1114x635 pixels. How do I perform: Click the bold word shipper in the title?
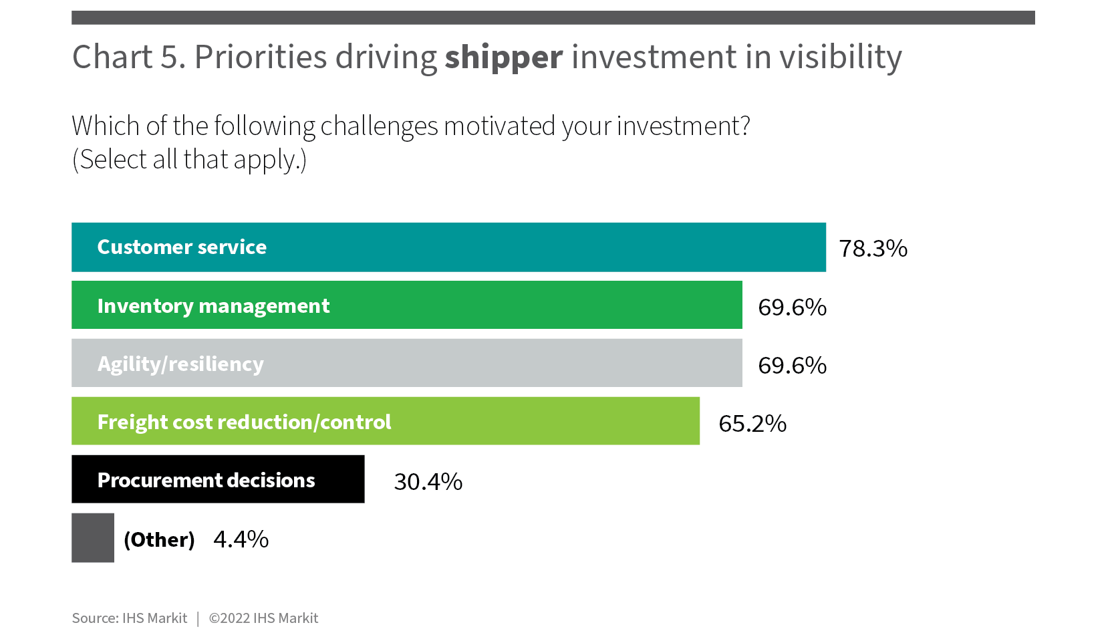504,57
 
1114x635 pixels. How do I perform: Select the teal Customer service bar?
448,247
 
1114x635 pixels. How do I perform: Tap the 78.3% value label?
873,248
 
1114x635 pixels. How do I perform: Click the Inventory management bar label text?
213,306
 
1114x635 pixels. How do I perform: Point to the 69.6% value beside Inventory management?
793,307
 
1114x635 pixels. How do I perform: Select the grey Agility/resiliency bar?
407,363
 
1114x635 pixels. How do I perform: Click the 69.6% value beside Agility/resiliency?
793,366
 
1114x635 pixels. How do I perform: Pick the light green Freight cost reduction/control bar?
386,420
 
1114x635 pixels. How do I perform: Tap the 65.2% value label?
752,424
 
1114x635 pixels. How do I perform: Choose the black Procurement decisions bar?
218,479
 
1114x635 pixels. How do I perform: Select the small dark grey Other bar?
92,537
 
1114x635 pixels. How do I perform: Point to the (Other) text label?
159,539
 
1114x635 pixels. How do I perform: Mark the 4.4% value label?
241,539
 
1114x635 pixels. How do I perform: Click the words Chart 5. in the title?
129,56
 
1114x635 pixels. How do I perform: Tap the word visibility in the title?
841,57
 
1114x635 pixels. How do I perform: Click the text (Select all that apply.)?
189,160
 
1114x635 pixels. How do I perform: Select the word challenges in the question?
379,126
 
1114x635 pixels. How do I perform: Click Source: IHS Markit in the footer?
129,618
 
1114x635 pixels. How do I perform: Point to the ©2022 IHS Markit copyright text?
263,618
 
